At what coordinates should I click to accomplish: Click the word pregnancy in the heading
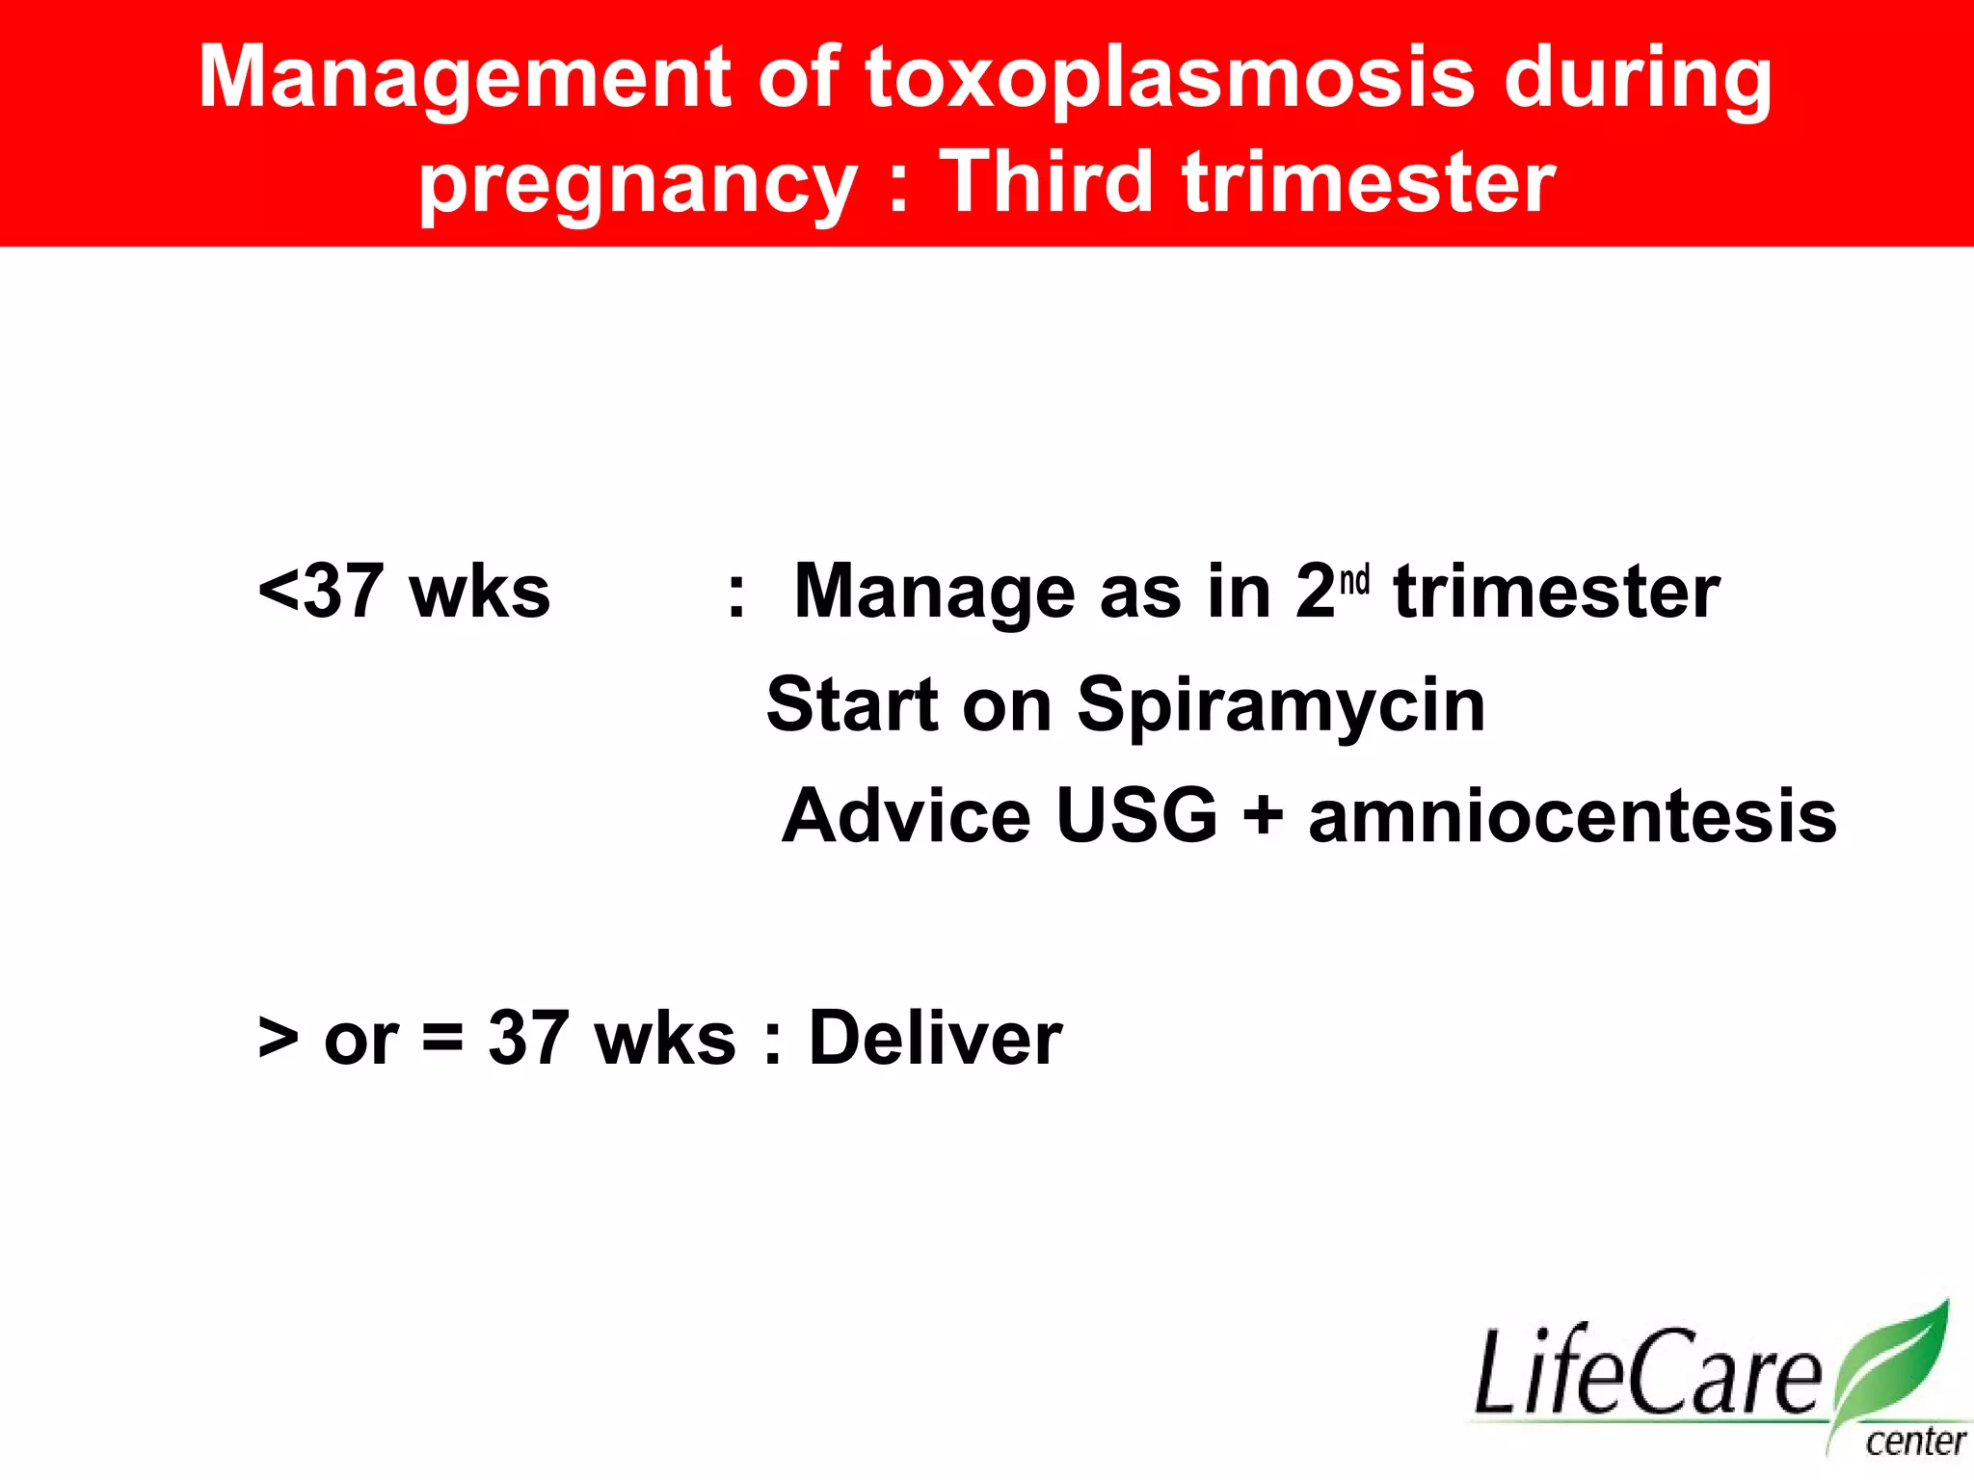(x=637, y=185)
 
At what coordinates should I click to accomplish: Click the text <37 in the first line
(x=321, y=591)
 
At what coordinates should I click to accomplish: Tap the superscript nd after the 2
(x=1354, y=581)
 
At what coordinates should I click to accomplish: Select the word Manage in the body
(x=933, y=593)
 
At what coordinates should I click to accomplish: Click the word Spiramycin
(x=1281, y=706)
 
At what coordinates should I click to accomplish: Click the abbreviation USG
(x=1137, y=816)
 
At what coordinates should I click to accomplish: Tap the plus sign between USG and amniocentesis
(x=1263, y=817)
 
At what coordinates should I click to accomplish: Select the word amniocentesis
(x=1572, y=816)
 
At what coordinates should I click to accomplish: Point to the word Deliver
(x=935, y=1038)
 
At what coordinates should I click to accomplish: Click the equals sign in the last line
(x=442, y=1039)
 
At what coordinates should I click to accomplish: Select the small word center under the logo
(x=1915, y=1442)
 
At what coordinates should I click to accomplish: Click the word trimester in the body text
(x=1557, y=591)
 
